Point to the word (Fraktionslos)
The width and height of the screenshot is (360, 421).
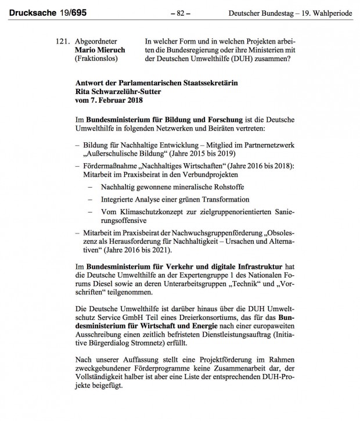point(98,59)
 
